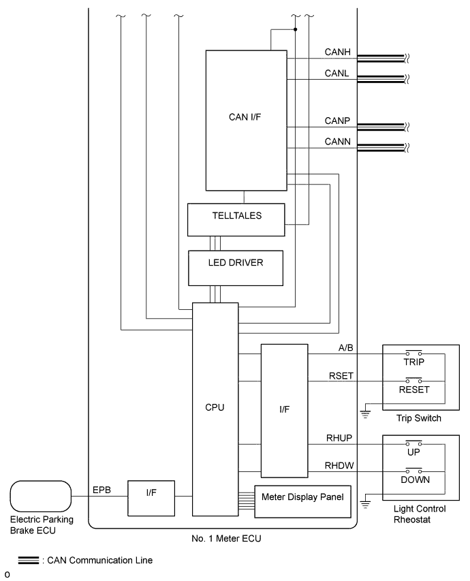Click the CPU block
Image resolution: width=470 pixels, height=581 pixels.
215,408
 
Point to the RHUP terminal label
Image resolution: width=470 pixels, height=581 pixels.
339,439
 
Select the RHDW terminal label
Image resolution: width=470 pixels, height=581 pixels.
339,465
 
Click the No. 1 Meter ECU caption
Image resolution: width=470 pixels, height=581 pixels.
223,538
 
